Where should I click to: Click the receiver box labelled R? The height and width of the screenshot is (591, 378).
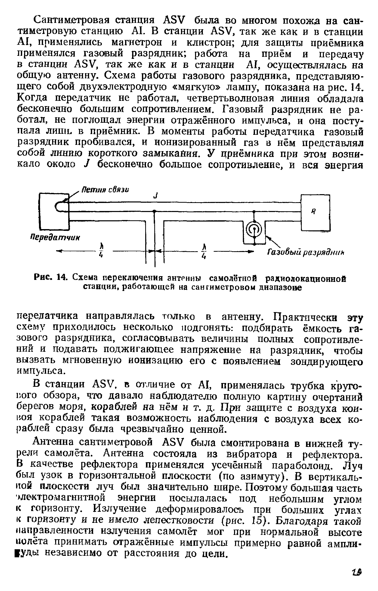pos(315,213)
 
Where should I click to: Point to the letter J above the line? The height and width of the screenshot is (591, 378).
pos(156,195)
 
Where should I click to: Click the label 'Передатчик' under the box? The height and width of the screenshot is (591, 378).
pos(55,238)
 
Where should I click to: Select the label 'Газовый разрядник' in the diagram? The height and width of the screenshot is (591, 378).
pos(305,252)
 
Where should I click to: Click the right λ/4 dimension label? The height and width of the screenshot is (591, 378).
pos(205,252)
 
